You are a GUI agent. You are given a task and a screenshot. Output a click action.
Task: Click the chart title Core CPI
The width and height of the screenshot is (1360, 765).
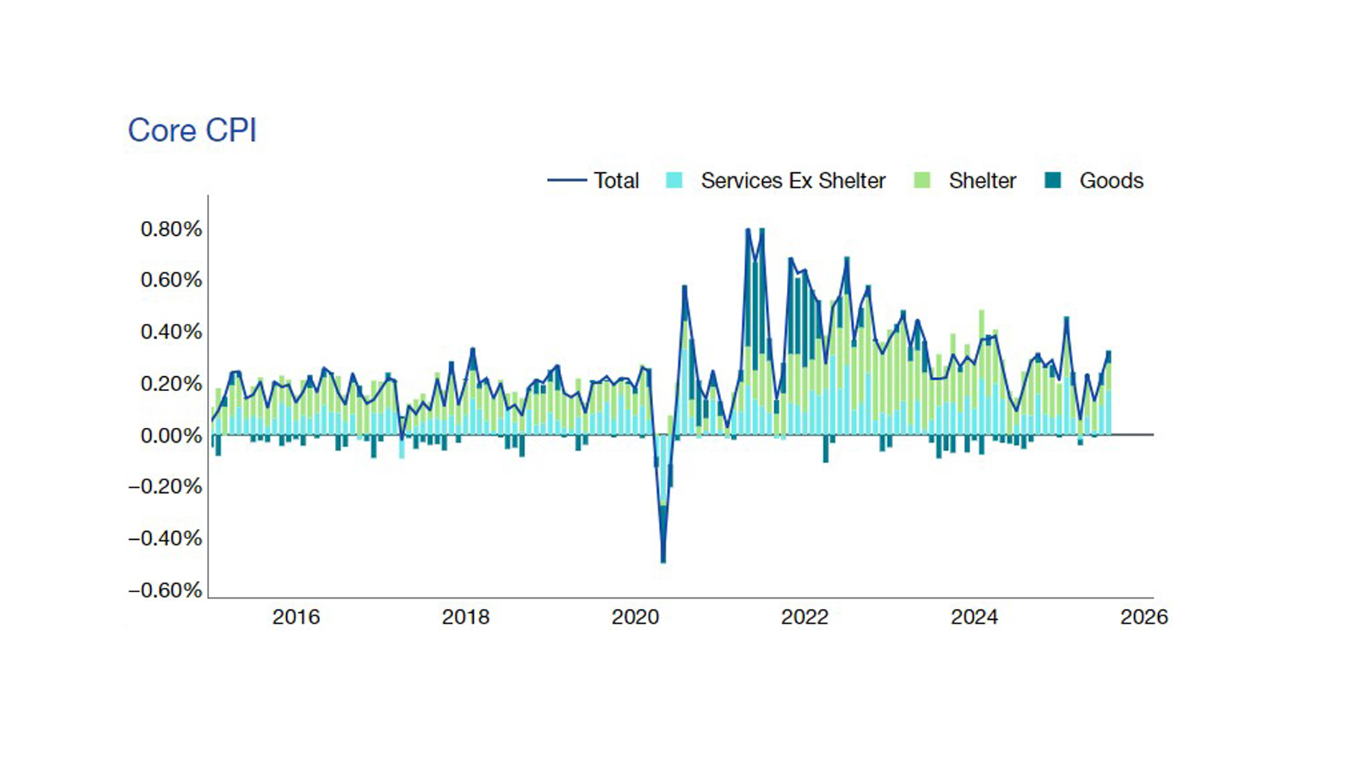[x=192, y=130]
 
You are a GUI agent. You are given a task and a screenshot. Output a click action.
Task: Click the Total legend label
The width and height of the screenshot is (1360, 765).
[x=616, y=181]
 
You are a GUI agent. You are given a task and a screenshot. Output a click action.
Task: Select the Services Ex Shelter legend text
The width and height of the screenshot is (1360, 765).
[x=793, y=181]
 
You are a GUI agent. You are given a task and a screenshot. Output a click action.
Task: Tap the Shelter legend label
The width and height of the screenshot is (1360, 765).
[x=982, y=181]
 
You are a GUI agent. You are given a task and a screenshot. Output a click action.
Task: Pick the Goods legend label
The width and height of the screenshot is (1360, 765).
[x=1111, y=181]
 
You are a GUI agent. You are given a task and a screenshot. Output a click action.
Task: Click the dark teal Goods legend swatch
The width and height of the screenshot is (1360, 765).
[x=1053, y=181]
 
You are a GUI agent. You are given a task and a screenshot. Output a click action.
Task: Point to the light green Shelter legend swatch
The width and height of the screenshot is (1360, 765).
[x=922, y=181]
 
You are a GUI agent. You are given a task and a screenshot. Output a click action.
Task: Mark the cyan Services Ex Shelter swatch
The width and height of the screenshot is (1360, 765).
[x=674, y=181]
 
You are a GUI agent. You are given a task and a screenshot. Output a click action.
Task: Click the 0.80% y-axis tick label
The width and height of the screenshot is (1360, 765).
[x=171, y=229]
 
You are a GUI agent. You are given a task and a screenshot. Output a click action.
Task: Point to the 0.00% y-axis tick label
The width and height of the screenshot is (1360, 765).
[x=171, y=435]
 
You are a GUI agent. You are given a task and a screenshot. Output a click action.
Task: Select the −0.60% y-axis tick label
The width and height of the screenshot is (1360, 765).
[x=165, y=590]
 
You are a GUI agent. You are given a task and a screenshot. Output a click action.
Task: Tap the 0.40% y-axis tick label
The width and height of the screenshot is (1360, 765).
[x=171, y=331]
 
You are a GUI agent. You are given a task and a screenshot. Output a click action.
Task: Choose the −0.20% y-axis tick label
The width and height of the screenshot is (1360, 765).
[x=165, y=487]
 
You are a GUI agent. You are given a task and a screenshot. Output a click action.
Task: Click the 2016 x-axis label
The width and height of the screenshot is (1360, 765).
[x=296, y=617]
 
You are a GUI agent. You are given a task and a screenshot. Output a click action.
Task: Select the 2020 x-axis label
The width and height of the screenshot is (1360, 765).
[x=635, y=617]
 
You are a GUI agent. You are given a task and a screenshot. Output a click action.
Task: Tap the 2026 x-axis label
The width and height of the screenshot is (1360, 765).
[x=1143, y=617]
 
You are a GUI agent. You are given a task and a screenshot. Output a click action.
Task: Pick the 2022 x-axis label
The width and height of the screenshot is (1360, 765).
[x=805, y=617]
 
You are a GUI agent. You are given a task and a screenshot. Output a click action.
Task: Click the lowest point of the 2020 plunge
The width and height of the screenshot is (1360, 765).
[x=663, y=562]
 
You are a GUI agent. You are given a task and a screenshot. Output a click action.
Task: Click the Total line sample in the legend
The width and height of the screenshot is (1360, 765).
[x=567, y=181]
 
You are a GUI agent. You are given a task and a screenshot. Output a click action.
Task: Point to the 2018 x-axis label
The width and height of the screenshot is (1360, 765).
[x=465, y=617]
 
